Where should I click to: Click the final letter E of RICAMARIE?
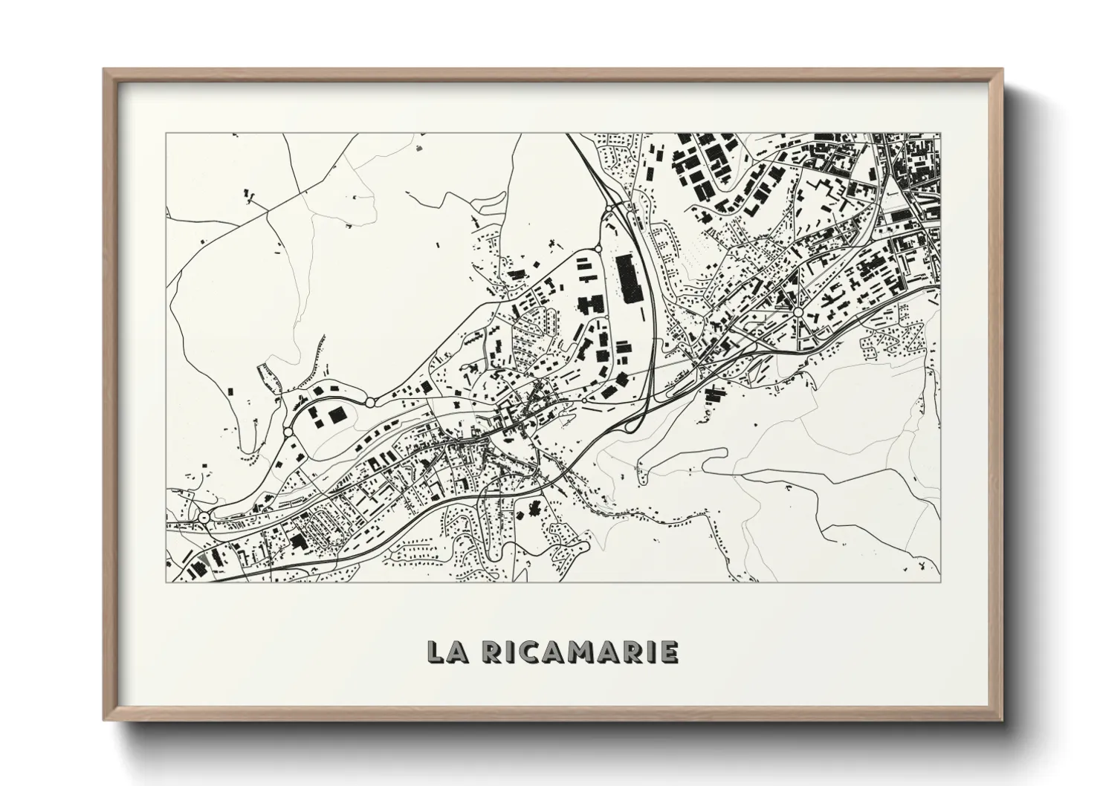coord(668,652)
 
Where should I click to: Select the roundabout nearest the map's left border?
coord(204,517)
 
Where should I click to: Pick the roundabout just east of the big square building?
coord(370,402)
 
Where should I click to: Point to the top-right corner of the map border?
coord(940,134)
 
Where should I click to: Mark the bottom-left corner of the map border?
coord(166,582)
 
